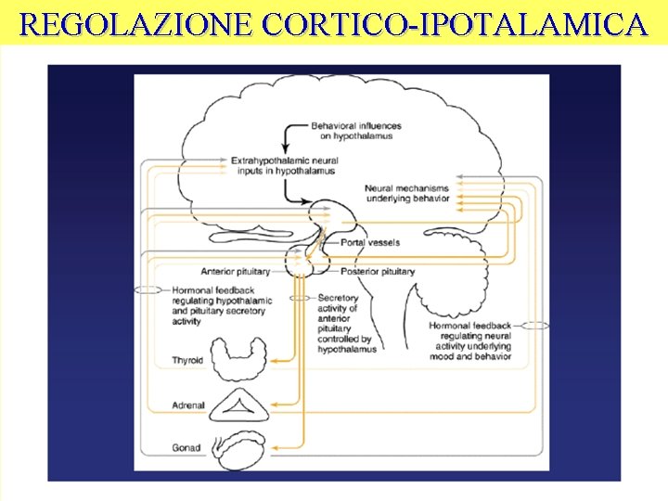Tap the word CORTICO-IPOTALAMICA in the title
point(455,24)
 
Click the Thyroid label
point(187,360)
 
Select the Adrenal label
point(188,405)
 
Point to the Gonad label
point(186,448)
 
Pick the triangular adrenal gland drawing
point(239,405)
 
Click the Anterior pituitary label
point(235,272)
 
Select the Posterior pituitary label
point(378,272)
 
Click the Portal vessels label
point(370,242)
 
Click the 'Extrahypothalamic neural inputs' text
point(284,165)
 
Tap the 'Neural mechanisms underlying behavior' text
point(407,193)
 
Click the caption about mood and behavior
point(469,340)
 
